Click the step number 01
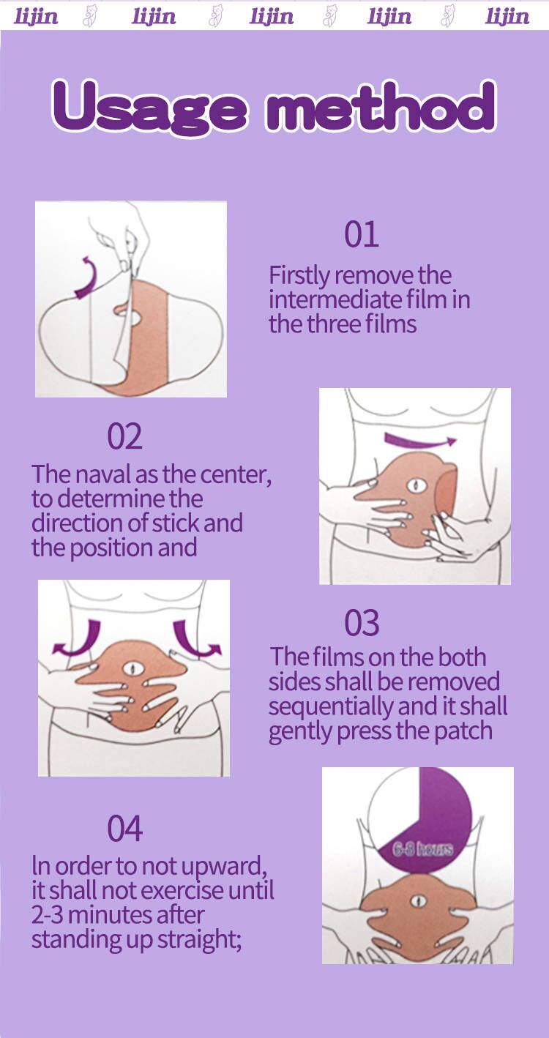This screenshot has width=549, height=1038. [362, 234]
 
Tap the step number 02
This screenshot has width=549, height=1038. [124, 436]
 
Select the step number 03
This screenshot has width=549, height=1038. [362, 623]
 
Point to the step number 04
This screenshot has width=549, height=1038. [124, 829]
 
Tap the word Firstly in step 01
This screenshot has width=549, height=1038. [299, 277]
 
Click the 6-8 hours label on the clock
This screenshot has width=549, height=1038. [422, 849]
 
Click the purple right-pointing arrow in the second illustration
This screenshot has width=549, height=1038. [420, 440]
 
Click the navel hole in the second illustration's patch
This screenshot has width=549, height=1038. [417, 485]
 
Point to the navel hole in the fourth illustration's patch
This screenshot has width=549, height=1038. [419, 900]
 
